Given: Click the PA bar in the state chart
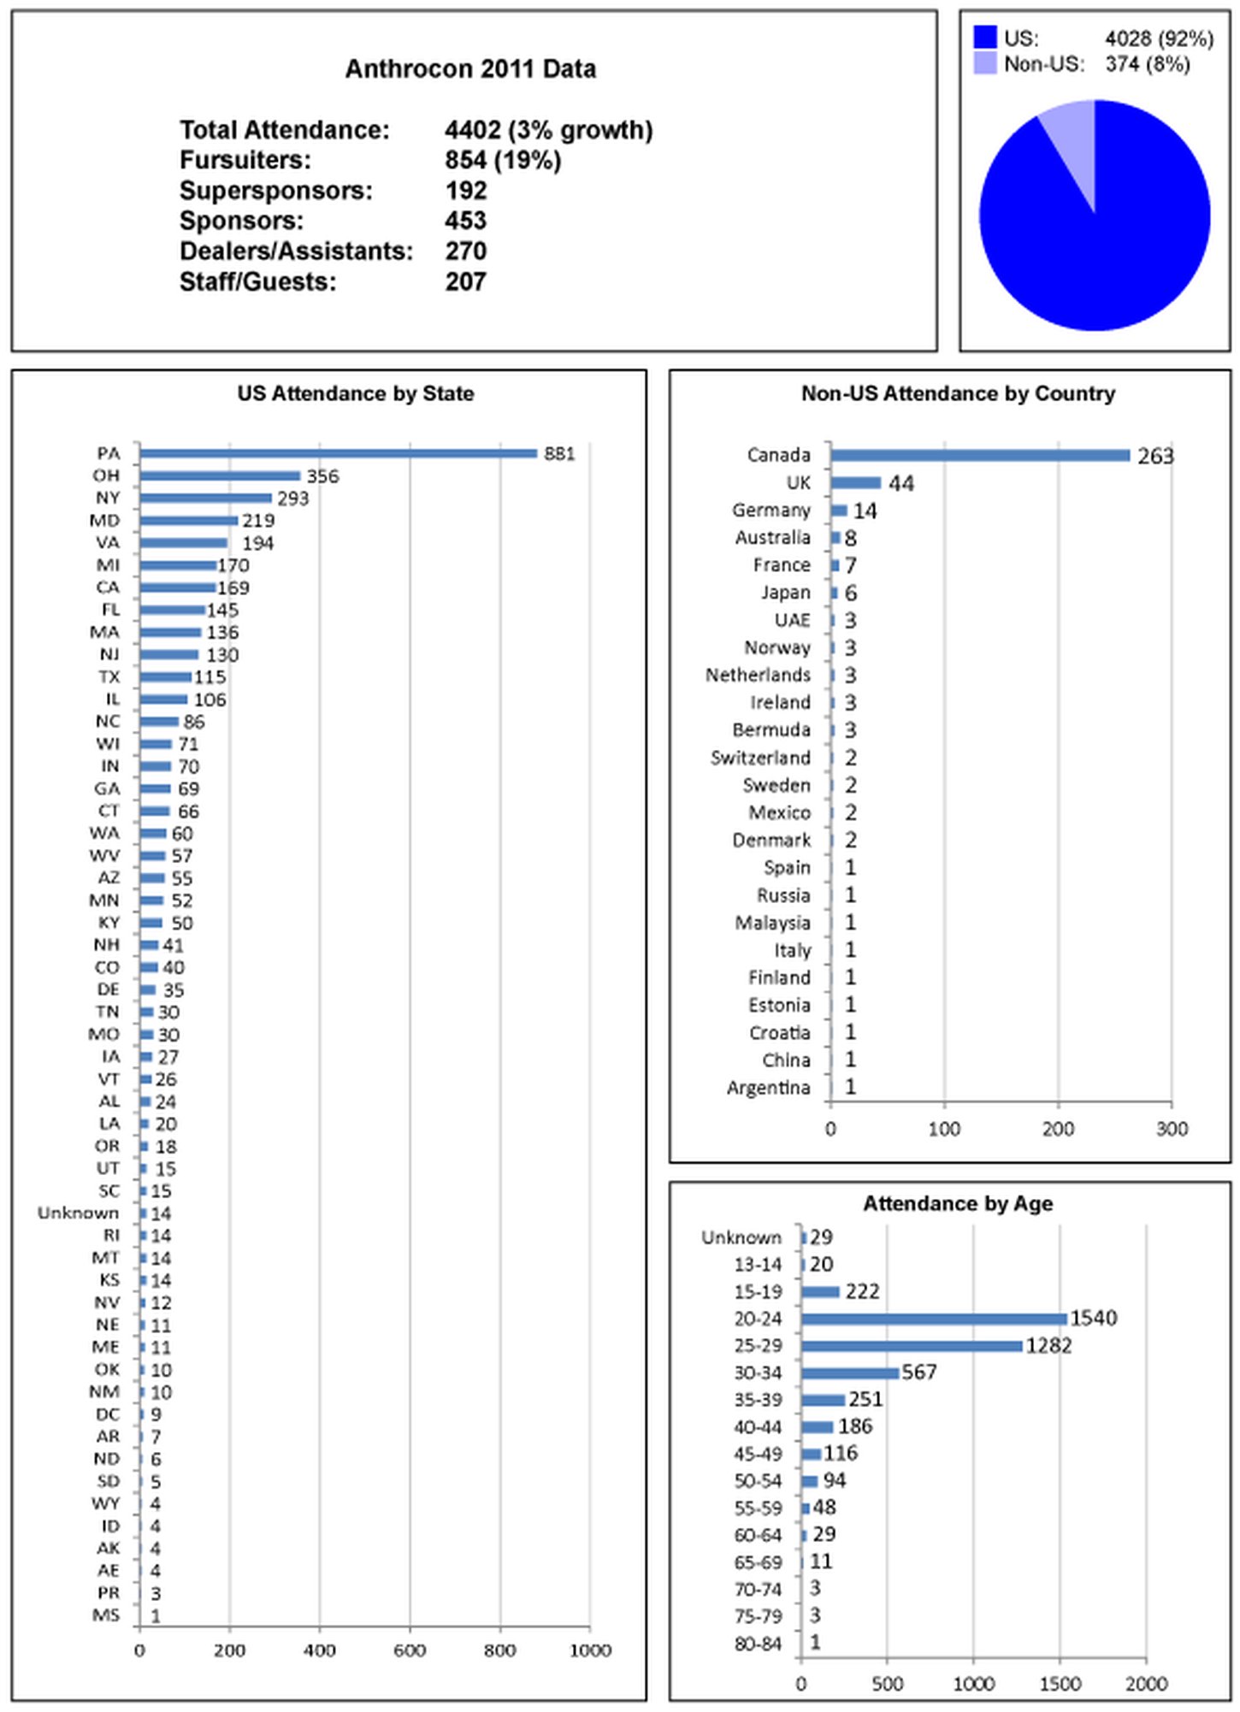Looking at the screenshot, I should (x=338, y=453).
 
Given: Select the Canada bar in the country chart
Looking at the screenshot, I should (x=979, y=455).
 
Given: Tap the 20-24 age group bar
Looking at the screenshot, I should (x=934, y=1319).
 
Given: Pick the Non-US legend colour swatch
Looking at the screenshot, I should (x=985, y=64).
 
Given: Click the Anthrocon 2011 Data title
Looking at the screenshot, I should (x=470, y=69).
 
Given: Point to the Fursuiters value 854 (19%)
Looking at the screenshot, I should (x=503, y=160).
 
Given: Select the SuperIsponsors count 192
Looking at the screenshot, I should (x=466, y=191).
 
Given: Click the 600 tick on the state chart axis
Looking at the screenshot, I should (x=410, y=1650).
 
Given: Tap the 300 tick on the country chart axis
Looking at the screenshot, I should (x=1172, y=1129).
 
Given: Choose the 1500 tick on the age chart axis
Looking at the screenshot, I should (x=1060, y=1684).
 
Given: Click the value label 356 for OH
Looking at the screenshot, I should (x=323, y=476).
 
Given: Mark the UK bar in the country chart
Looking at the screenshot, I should (x=855, y=482).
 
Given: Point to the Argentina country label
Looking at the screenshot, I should (x=768, y=1088).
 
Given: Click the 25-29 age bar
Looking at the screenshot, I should (x=912, y=1346).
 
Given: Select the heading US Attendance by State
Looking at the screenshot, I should (x=356, y=393).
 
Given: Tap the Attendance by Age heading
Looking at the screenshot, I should (x=958, y=1203).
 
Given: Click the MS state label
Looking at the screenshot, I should (x=107, y=1615).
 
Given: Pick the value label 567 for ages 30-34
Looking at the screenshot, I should (x=919, y=1373).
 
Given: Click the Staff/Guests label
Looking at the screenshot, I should (x=258, y=282).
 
